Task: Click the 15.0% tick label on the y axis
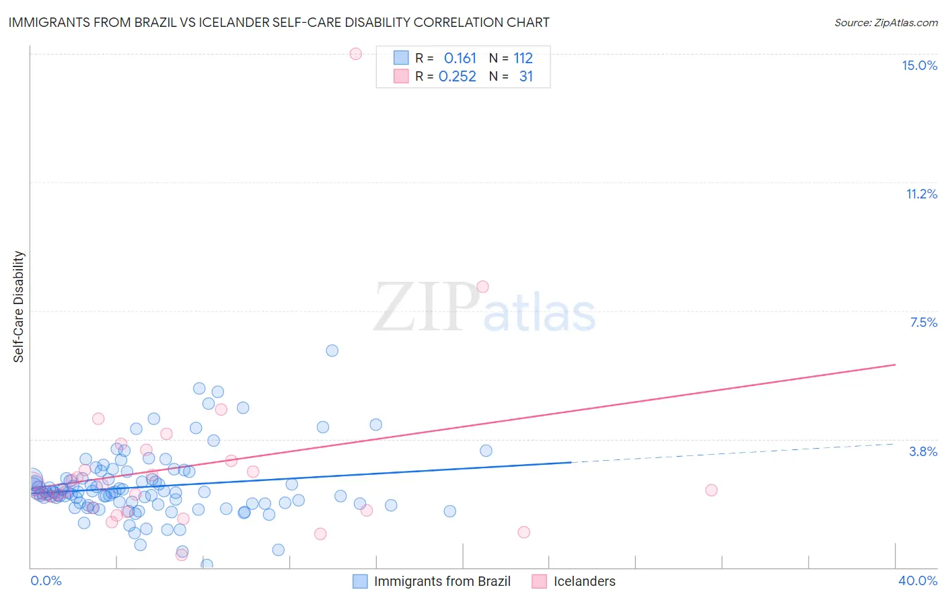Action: tap(919, 65)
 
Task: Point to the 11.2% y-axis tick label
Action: tap(921, 194)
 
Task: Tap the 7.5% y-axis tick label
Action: tap(923, 322)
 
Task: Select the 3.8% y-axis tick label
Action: tap(923, 451)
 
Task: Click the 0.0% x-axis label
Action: tap(46, 580)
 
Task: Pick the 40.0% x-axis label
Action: tap(917, 580)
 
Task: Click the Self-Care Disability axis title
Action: tap(19, 307)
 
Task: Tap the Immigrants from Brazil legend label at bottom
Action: tap(442, 581)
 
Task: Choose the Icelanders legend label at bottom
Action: tap(584, 581)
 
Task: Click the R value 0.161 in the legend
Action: tap(460, 59)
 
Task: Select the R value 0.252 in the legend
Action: tap(457, 77)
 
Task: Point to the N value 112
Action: tap(523, 59)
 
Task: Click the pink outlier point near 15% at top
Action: tap(356, 54)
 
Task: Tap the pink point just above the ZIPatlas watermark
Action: tap(482, 287)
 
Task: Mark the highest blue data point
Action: tap(332, 350)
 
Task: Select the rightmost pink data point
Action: tap(711, 490)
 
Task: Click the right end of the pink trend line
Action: tap(895, 365)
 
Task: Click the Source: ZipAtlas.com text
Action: tap(885, 23)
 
